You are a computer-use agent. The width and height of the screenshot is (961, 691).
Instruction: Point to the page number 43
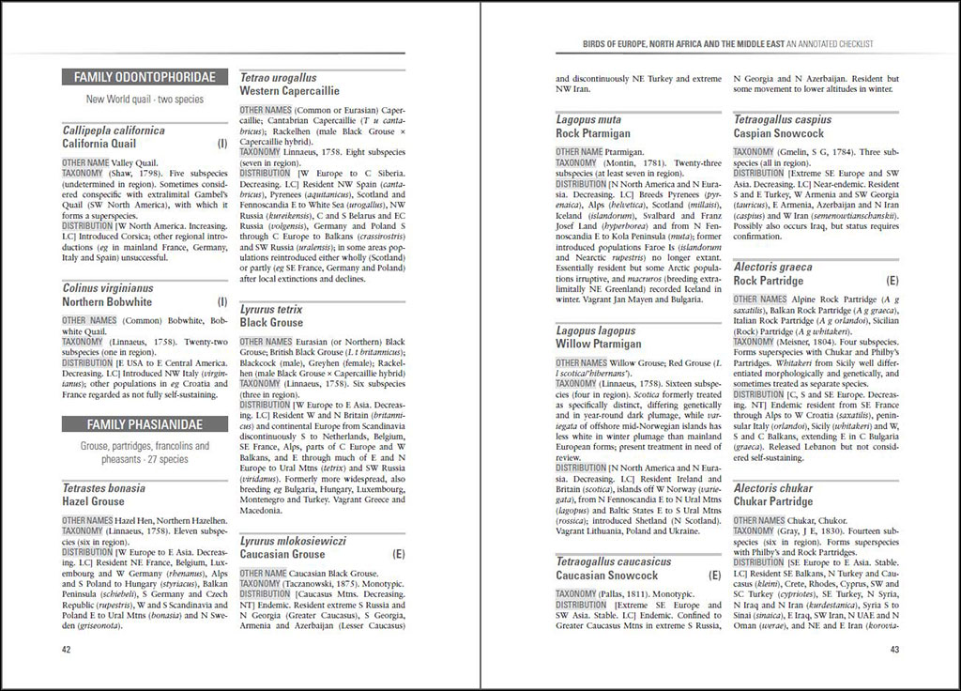pyautogui.click(x=894, y=649)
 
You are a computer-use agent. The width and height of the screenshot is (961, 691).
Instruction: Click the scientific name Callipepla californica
pyautogui.click(x=114, y=131)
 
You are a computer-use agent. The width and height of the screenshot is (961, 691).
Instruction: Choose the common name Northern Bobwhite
pyautogui.click(x=107, y=302)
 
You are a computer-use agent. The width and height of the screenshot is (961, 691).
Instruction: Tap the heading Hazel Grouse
pyautogui.click(x=93, y=501)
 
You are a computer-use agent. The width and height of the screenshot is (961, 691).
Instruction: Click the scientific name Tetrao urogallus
pyautogui.click(x=279, y=78)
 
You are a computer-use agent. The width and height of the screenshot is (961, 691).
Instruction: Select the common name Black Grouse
pyautogui.click(x=271, y=322)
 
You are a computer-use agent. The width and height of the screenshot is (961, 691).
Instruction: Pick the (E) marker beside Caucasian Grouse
pyautogui.click(x=399, y=554)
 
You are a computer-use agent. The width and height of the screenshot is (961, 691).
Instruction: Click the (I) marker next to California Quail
pyautogui.click(x=222, y=144)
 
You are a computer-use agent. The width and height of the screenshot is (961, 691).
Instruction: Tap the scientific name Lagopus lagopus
pyautogui.click(x=595, y=330)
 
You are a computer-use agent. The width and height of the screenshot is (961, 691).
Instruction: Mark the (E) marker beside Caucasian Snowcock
pyautogui.click(x=715, y=575)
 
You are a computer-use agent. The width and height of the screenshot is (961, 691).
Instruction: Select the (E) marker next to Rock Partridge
pyautogui.click(x=892, y=281)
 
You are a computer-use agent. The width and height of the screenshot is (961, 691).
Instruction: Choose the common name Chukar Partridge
pyautogui.click(x=773, y=501)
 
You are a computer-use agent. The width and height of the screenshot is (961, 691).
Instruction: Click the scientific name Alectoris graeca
pyautogui.click(x=773, y=267)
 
